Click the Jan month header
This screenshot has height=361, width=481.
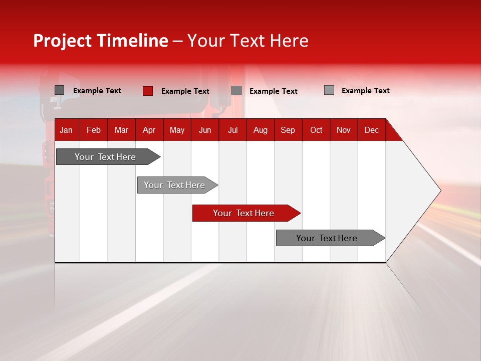tap(66, 130)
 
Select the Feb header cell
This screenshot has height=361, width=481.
tap(94, 130)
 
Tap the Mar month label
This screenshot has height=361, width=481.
tap(121, 130)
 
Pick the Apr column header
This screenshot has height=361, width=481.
tap(149, 130)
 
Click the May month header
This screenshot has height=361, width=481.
tap(177, 130)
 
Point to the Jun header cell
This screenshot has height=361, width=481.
tap(205, 130)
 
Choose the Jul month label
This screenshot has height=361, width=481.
tap(232, 130)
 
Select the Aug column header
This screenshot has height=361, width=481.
tap(261, 130)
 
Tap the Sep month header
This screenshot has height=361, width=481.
tap(288, 130)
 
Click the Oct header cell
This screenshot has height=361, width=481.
tap(316, 130)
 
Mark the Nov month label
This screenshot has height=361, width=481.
tap(344, 130)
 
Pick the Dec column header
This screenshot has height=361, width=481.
tap(372, 130)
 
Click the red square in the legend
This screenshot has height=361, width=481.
tap(147, 91)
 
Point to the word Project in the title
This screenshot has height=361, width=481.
tap(62, 41)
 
